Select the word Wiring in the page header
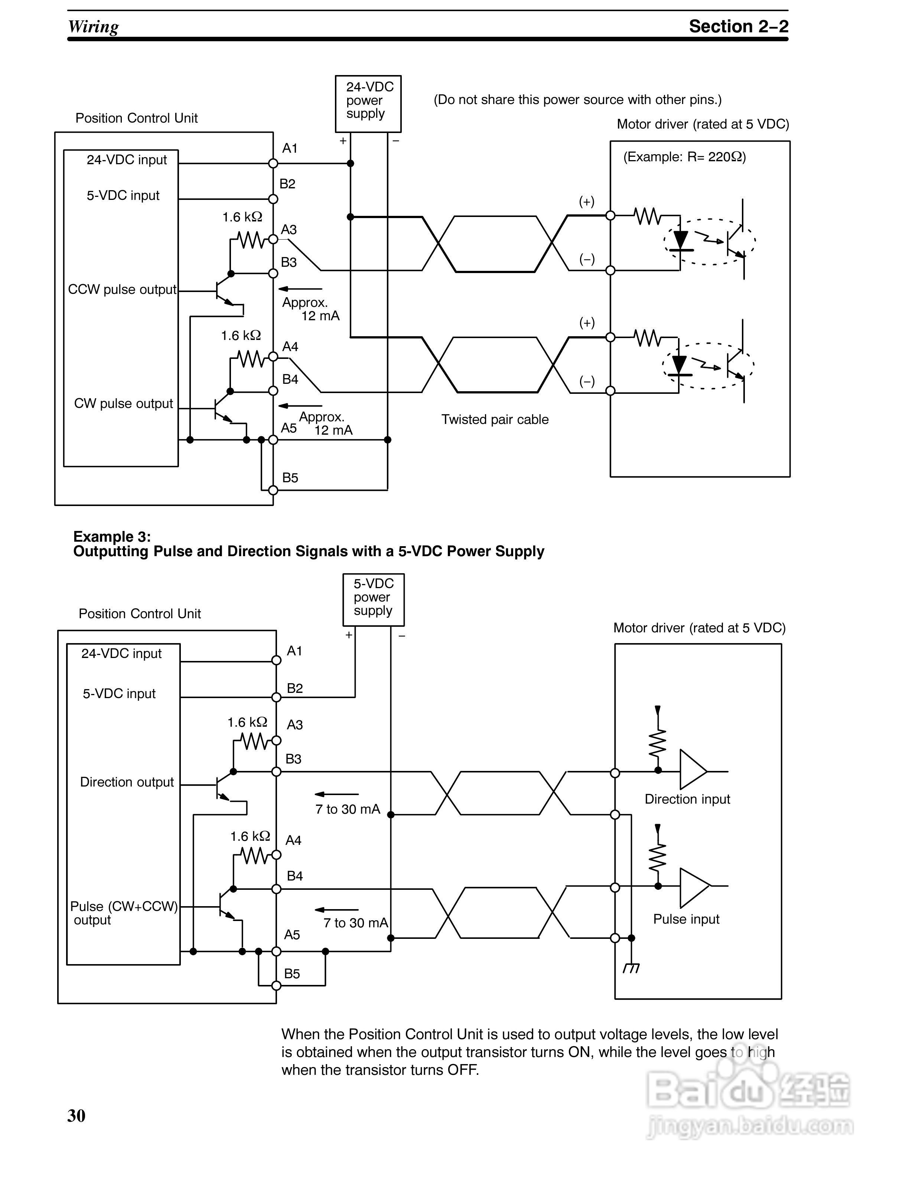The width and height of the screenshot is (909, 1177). pos(93,26)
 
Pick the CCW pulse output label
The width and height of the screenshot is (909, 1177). pos(122,289)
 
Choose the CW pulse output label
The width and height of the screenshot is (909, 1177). pos(123,403)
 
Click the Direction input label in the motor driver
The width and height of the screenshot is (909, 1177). pos(687,799)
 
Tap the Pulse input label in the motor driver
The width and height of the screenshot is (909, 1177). pos(686,919)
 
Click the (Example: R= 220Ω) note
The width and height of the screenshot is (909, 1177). pos(684,157)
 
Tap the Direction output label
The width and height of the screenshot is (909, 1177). pos(127,782)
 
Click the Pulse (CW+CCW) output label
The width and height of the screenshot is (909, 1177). pos(124,913)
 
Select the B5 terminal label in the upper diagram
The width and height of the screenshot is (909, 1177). pos(290,477)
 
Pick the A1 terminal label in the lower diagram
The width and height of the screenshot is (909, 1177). pos(294,651)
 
